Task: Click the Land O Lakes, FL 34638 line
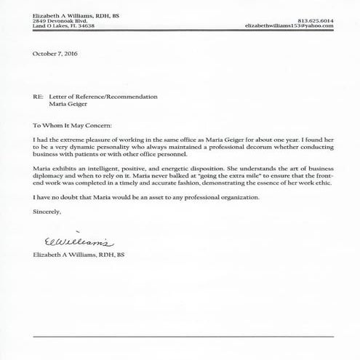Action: (x=64, y=25)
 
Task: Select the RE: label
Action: (x=38, y=96)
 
